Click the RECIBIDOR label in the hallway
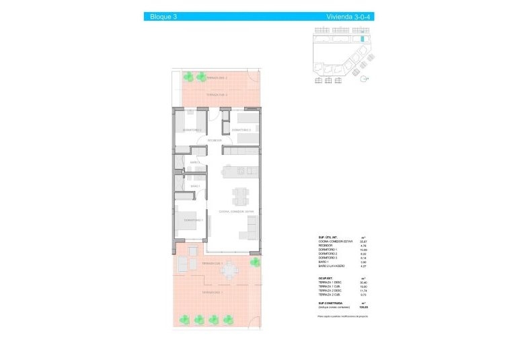click(x=215, y=141)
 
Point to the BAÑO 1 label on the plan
click(x=195, y=186)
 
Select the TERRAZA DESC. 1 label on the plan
click(x=213, y=293)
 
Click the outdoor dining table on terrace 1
click(x=231, y=271)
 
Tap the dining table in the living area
click(x=240, y=196)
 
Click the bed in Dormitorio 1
click(x=186, y=221)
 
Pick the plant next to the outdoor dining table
click(x=255, y=262)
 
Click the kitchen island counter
click(x=240, y=171)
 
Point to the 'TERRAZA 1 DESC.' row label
click(x=330, y=282)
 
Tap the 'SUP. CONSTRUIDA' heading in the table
click(x=331, y=303)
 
